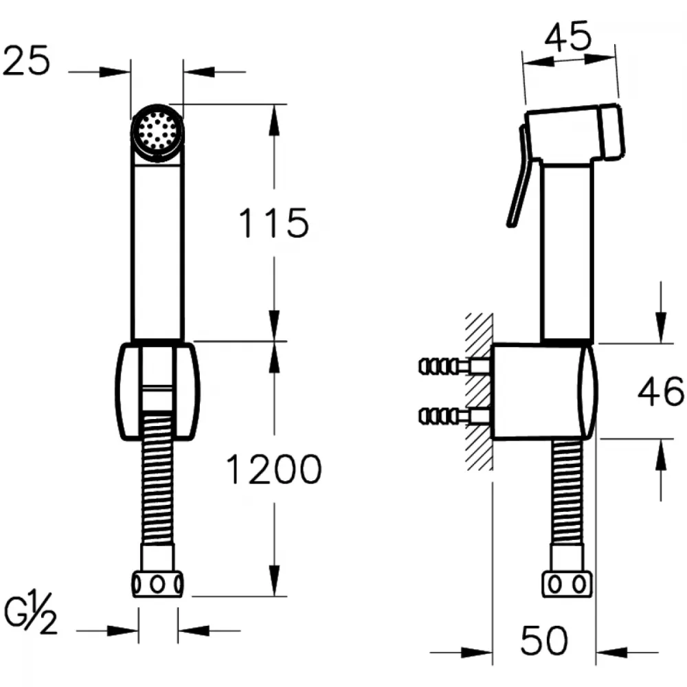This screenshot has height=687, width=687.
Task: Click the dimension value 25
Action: point(26,61)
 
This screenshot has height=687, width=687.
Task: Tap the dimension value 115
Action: point(273,223)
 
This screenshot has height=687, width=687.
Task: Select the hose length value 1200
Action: point(274,469)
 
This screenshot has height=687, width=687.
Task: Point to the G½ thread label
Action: point(30,613)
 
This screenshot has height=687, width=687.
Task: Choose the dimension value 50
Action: point(544,640)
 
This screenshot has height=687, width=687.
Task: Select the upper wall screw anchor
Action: point(454,366)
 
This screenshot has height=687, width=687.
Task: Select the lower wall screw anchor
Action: point(454,416)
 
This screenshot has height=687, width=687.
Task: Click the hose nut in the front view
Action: point(157,584)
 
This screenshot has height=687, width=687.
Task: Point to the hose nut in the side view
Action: point(567,584)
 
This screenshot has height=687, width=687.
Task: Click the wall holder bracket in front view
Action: point(157,392)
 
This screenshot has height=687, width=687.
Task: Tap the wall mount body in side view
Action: point(544,392)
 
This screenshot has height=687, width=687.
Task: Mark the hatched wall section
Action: point(479,392)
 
